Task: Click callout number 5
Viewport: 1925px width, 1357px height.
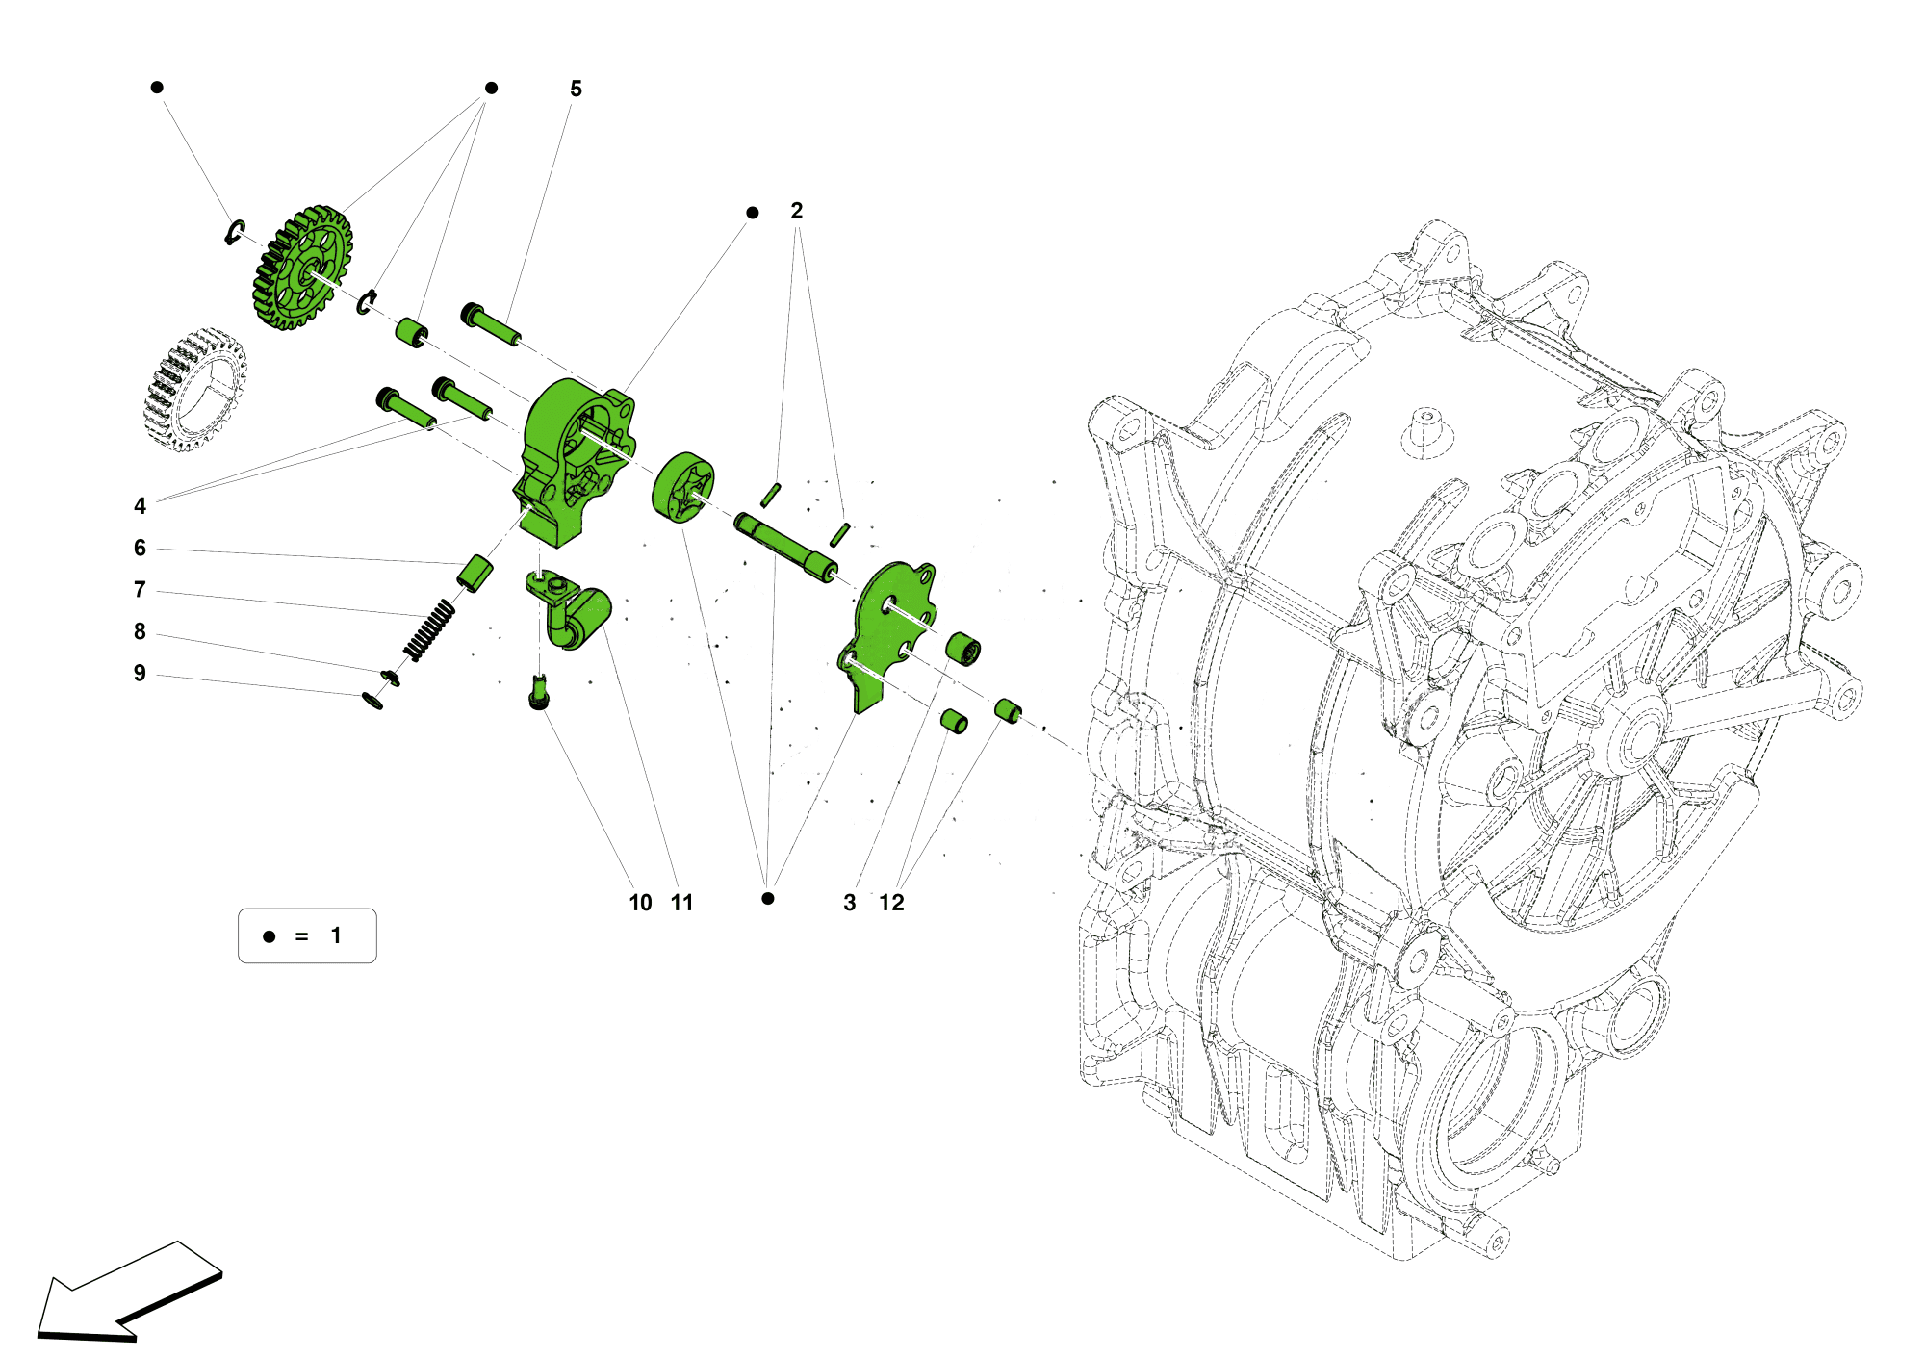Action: [x=576, y=89]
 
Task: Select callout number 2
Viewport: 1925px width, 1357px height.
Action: [x=796, y=211]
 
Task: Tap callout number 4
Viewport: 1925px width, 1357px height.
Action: [x=140, y=506]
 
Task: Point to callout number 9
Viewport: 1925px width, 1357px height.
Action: [x=140, y=674]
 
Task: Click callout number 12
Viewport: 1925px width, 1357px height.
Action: [x=891, y=903]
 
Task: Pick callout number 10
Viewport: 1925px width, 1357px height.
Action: [x=640, y=903]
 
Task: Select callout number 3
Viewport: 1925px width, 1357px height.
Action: [x=849, y=903]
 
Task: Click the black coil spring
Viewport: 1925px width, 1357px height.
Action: [x=429, y=630]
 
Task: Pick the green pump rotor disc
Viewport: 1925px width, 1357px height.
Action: [x=683, y=488]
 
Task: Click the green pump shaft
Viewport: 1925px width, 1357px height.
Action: [x=784, y=548]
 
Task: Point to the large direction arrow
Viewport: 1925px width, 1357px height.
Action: [x=125, y=1294]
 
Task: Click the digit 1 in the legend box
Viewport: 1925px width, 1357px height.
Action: [x=336, y=935]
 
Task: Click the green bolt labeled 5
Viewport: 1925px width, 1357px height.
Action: [x=491, y=326]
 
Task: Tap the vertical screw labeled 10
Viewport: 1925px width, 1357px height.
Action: [x=539, y=693]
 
